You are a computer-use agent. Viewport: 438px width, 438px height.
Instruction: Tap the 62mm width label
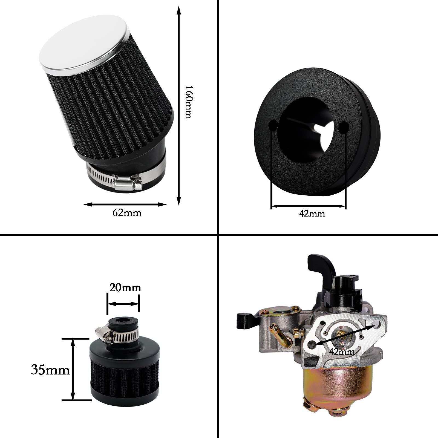[127, 213]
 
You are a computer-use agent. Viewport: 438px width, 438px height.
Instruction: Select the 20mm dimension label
[125, 288]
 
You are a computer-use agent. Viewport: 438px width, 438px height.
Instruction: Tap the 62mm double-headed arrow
[125, 204]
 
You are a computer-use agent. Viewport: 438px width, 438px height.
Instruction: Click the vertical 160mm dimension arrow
[179, 106]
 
